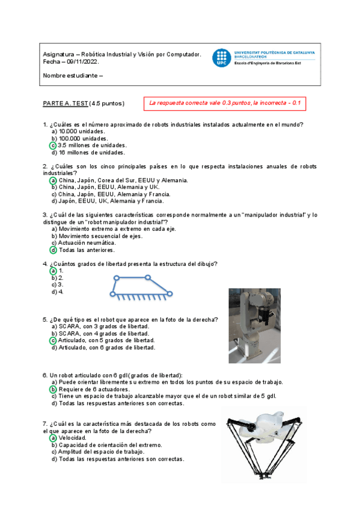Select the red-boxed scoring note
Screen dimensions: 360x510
point(224,103)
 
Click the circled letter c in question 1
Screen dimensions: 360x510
point(53,146)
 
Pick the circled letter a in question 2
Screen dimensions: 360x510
point(53,180)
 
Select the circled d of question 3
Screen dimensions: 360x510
point(53,250)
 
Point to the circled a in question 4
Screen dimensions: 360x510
point(53,271)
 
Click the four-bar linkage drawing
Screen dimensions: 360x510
point(142,286)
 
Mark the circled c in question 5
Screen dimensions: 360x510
point(53,340)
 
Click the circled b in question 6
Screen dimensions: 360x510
point(53,390)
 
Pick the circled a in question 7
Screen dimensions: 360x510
point(53,438)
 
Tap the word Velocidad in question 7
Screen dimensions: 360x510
point(73,438)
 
